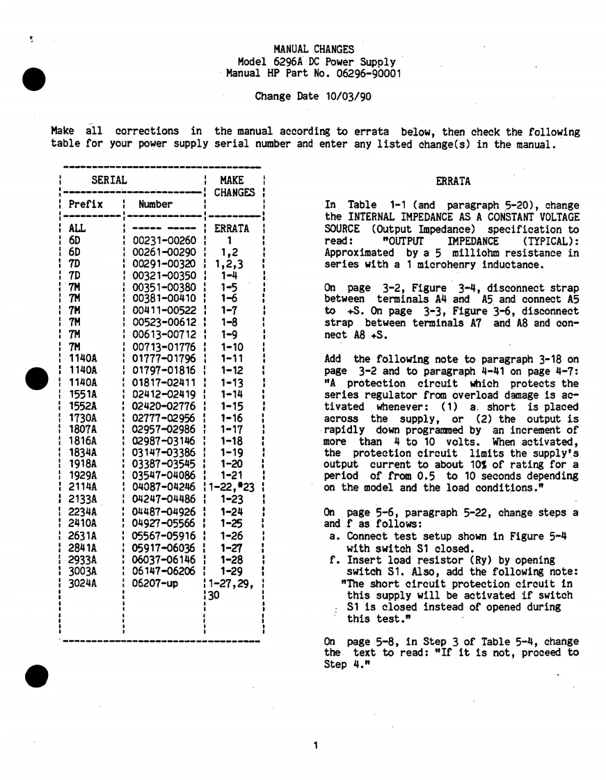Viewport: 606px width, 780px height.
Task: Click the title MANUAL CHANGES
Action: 314,49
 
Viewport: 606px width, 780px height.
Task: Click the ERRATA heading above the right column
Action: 453,182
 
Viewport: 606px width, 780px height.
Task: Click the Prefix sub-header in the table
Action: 86,204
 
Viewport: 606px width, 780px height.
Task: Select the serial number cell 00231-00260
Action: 165,240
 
